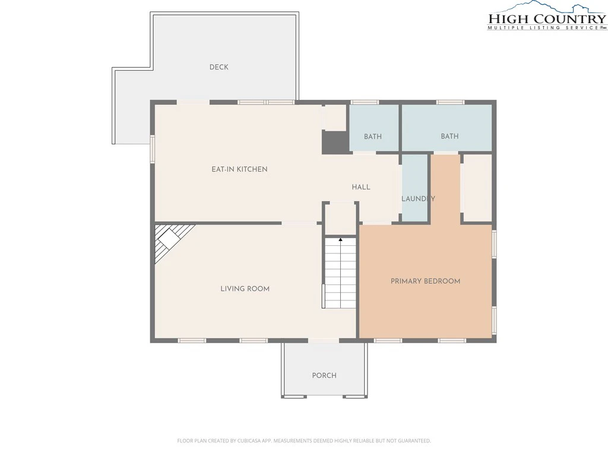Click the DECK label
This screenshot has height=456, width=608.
pos(218,67)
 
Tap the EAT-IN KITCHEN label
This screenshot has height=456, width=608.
pos(239,169)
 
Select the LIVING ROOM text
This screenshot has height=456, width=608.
pos(245,289)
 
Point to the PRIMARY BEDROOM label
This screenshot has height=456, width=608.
pos(425,281)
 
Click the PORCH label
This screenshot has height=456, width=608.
pos(324,375)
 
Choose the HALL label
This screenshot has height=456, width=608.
pos(361,187)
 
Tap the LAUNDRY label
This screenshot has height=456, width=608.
pos(418,198)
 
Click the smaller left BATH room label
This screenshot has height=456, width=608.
pos(373,137)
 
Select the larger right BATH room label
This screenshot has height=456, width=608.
pos(449,136)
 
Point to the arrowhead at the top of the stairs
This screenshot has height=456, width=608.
pos(340,240)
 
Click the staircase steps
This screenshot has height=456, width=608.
pos(340,273)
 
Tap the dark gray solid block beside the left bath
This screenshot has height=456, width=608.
pos(335,142)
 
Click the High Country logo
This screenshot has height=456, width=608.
pos(547,16)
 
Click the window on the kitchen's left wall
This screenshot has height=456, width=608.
pos(153,149)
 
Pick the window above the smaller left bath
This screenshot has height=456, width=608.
pos(365,102)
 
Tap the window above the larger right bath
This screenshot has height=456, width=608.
pos(450,102)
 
